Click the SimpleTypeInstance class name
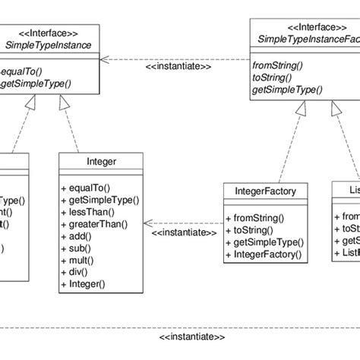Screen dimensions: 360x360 (x=48, y=46)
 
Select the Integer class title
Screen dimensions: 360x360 (x=102, y=162)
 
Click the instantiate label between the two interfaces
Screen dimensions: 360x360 (x=178, y=67)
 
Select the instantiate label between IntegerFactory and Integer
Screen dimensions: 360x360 (x=182, y=232)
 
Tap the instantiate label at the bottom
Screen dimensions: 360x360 (x=193, y=336)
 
